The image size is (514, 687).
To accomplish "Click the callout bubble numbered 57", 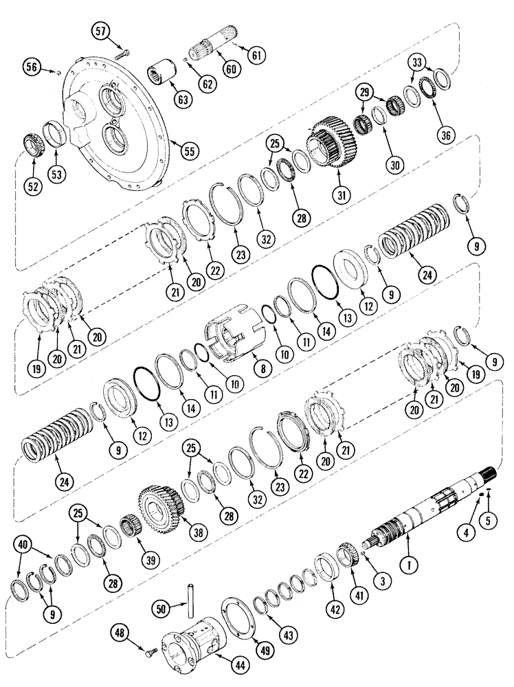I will pos(102,32).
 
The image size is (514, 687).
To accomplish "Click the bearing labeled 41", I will pos(351,554).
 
